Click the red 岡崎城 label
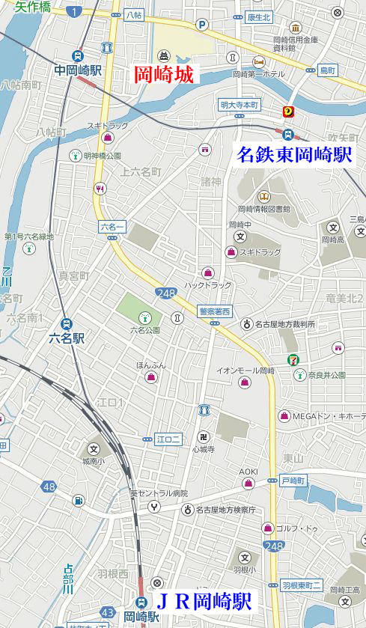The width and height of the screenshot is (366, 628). (163, 75)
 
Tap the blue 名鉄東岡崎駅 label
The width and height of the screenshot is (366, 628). (294, 155)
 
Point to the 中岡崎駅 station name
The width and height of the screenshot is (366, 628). (78, 70)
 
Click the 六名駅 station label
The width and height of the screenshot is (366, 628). (67, 338)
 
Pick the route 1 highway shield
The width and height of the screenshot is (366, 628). (73, 12)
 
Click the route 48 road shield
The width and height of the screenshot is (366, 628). (49, 487)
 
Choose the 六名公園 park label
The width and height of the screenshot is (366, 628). (144, 329)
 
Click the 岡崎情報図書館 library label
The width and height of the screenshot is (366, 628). (263, 209)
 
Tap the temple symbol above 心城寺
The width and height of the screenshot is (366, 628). (203, 436)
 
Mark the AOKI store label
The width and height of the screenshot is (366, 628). (248, 471)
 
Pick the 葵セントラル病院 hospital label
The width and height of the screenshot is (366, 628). (159, 493)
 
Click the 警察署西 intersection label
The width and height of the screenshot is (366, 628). (215, 311)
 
